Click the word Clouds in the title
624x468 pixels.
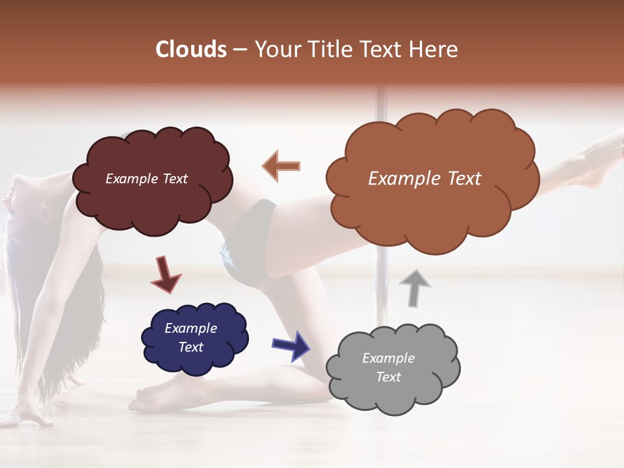(190, 49)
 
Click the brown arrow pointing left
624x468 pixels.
(281, 166)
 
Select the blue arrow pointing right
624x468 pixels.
(291, 345)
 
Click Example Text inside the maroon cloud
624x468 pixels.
(146, 179)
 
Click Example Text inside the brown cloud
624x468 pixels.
(424, 179)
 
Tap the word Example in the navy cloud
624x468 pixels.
(190, 328)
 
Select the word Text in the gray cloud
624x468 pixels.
(388, 377)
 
